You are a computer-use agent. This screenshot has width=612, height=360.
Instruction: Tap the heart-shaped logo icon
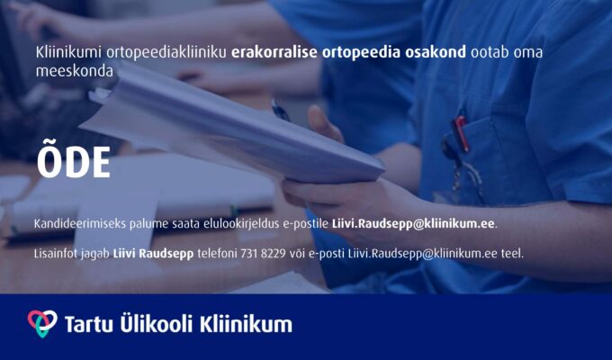pos(42,323)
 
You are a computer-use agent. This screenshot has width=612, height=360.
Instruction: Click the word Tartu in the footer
pos(88,325)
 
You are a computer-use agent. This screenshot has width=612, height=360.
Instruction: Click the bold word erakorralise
pos(274,53)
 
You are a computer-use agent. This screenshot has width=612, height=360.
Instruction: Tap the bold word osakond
pos(436,53)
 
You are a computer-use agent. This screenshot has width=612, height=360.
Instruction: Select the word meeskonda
pos(74,71)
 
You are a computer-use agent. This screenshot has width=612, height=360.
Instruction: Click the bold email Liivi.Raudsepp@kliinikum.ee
pos(413,224)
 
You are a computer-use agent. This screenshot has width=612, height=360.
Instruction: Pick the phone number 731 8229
pos(263,254)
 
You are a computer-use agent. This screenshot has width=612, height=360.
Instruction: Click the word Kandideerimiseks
pos(79,224)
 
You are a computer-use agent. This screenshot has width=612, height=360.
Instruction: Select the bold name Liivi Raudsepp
pos(153,254)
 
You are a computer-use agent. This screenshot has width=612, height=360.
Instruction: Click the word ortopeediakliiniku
pos(166,53)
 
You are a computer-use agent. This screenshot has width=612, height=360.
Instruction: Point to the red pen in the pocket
pos(461,133)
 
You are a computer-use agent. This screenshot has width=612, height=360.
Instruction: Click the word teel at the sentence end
pos(512,254)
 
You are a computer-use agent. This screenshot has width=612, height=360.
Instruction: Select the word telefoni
pos(218,254)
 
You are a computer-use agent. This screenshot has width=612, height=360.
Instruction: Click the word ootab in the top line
pos(488,53)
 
